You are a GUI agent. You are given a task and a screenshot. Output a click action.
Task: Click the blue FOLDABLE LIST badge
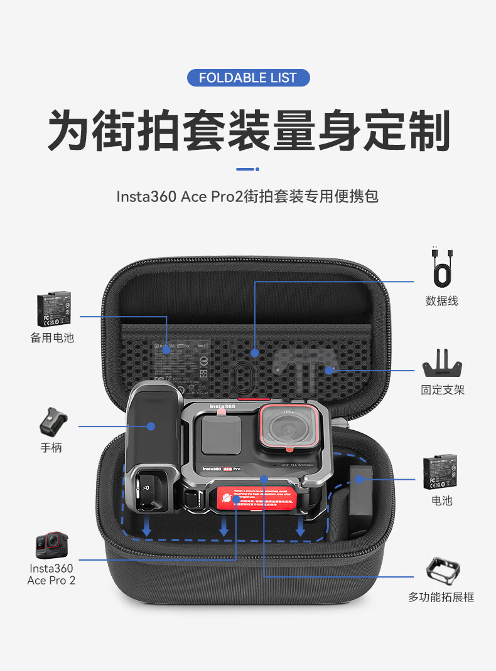point(249,78)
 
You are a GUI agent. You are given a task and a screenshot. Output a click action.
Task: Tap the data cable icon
point(441,267)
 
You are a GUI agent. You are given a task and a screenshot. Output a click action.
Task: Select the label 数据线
point(441,301)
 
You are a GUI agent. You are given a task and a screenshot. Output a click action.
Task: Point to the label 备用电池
point(52,337)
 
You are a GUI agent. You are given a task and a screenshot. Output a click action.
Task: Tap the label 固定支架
point(443,390)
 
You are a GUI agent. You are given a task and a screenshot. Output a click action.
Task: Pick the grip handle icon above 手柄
point(51,422)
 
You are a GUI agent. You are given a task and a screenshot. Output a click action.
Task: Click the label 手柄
point(51,448)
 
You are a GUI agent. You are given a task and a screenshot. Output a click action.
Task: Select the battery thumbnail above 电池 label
point(443,472)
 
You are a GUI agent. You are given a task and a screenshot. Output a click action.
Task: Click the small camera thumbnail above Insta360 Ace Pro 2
point(51,544)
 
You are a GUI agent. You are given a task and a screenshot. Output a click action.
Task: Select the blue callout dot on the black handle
point(151,426)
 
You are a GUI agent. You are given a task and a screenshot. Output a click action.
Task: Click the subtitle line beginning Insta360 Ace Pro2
point(247,196)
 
